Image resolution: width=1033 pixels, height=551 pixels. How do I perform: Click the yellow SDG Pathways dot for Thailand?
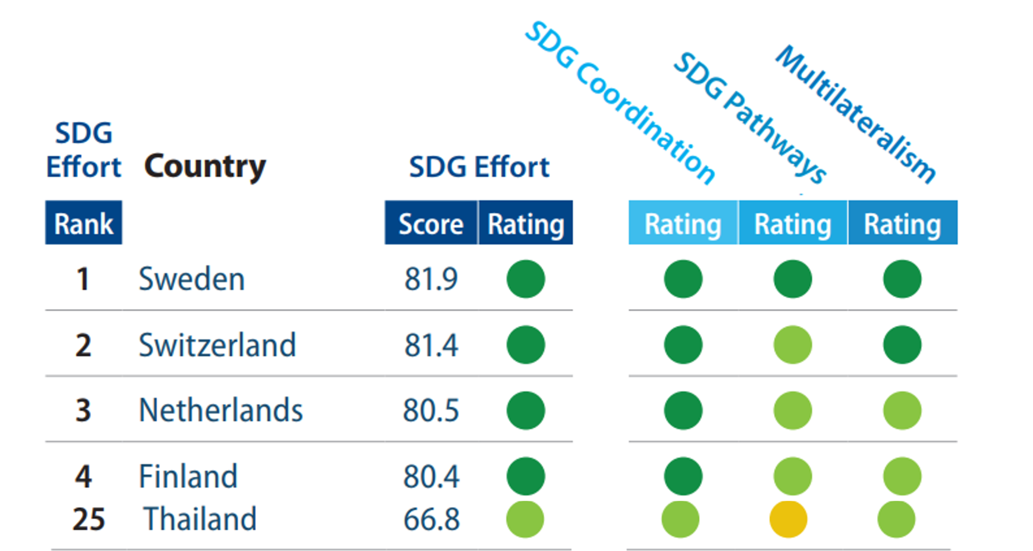tap(788, 519)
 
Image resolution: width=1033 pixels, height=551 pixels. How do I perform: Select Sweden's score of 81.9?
tap(431, 279)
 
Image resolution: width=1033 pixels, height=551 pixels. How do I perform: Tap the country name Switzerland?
tap(217, 345)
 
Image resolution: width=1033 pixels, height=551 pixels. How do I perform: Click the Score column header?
tap(431, 224)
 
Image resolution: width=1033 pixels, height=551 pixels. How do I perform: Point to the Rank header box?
tap(84, 223)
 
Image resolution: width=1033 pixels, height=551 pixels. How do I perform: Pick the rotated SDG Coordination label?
tap(620, 103)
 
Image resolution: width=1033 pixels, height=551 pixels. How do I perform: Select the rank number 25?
tap(89, 519)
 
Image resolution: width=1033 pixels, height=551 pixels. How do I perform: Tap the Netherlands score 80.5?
tap(431, 410)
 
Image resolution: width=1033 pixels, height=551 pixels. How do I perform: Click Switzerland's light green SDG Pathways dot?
tap(792, 345)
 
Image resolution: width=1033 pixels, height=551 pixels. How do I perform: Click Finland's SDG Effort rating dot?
tap(526, 476)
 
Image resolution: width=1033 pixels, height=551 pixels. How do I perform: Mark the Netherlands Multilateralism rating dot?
tap(902, 410)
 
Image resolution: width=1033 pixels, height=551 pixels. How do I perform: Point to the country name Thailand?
tap(200, 519)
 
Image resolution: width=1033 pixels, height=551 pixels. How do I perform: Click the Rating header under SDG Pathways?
tap(792, 224)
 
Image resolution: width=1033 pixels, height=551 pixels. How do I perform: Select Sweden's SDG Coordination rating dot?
tap(683, 279)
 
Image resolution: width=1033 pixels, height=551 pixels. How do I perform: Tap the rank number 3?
tap(83, 410)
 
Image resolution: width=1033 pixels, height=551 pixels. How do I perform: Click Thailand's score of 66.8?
tap(431, 519)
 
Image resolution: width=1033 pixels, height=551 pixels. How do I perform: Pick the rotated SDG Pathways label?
tap(750, 119)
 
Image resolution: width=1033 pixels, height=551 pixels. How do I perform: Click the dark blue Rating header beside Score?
tap(526, 224)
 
